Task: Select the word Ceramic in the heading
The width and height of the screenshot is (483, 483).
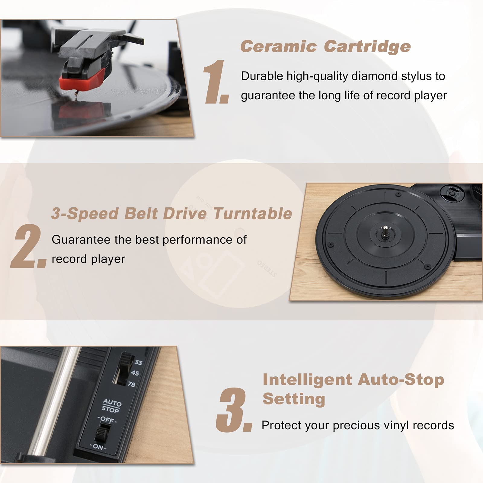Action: pos(278,47)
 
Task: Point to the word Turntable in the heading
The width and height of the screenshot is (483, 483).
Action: pos(253,214)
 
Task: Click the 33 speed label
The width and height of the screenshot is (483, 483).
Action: pos(138,362)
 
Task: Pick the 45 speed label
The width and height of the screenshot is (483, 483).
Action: pos(135,373)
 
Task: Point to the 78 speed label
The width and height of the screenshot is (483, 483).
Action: pos(131,384)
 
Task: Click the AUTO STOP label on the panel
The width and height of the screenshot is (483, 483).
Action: pos(111,406)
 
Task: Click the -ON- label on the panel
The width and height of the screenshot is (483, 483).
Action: pos(98,447)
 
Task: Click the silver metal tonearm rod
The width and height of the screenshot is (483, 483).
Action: pos(54,401)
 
